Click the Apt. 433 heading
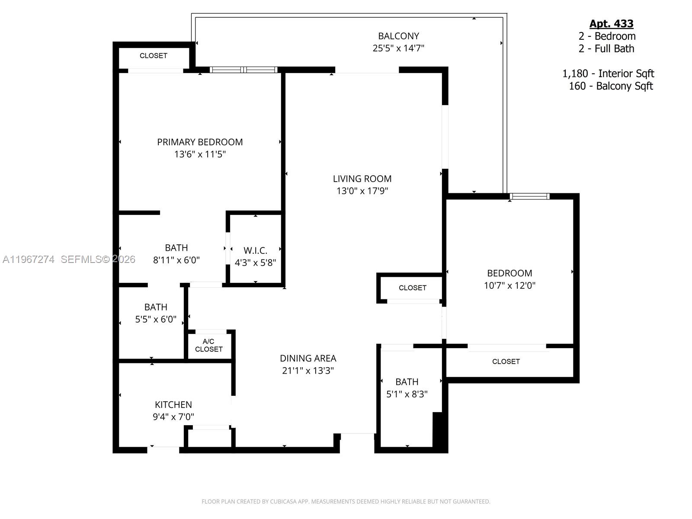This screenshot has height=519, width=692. point(611,24)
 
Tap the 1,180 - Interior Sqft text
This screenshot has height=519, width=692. point(608,74)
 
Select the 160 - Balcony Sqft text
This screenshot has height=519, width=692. point(611,86)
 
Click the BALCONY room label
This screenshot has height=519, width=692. point(398,36)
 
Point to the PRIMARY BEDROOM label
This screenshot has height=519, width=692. point(200,142)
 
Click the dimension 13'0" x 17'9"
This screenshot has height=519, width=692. point(362,191)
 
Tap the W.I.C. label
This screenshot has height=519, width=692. point(255,250)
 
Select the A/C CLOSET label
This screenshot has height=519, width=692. point(208,345)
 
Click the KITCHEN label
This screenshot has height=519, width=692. point(173,404)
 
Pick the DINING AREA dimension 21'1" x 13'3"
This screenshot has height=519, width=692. point(308,371)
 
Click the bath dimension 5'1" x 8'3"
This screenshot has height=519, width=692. point(407,394)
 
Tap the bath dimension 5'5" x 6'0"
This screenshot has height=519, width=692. point(156,319)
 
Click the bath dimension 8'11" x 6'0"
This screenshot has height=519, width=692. point(176,260)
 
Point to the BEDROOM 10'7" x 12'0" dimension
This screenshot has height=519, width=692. point(509,285)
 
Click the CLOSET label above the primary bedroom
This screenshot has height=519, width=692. point(153,56)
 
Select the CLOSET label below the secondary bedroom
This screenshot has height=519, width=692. point(506,362)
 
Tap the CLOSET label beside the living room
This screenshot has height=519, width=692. point(412,288)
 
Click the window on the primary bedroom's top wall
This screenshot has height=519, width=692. point(243,70)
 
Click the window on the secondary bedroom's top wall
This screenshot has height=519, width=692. point(529,196)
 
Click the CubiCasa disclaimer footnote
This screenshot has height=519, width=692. point(346,502)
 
